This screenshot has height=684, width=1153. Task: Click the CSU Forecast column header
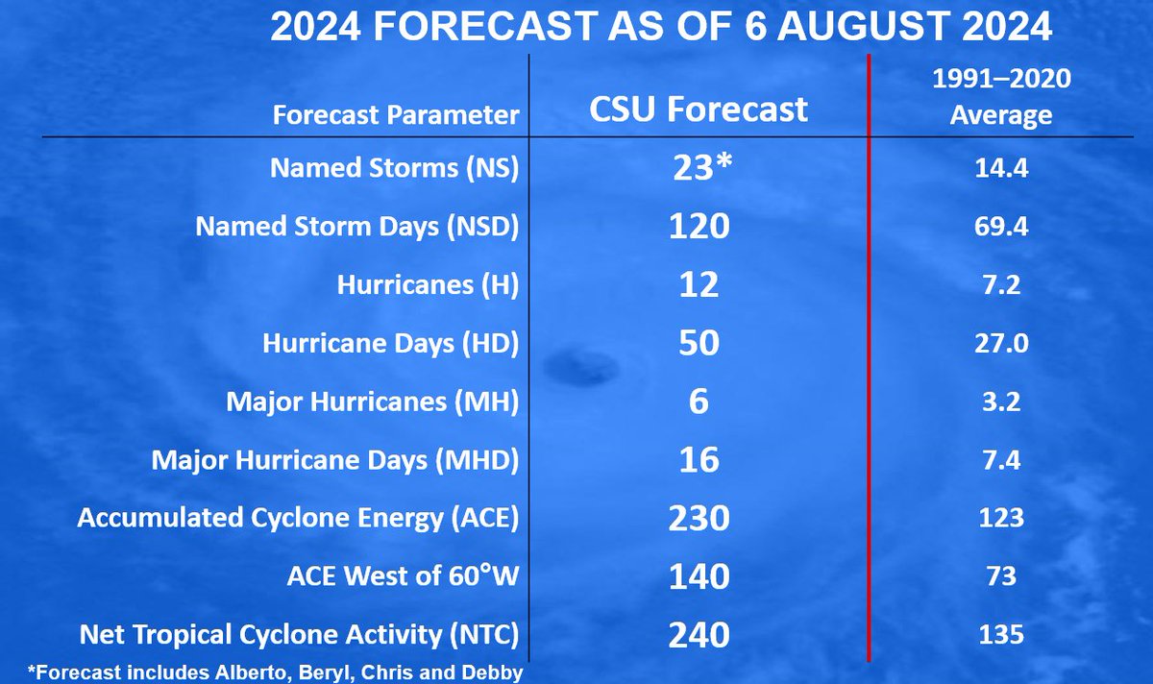(699, 110)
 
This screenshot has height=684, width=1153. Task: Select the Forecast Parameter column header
(396, 116)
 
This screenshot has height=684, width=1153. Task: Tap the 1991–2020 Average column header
(1000, 98)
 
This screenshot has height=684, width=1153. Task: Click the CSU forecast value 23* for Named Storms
(702, 168)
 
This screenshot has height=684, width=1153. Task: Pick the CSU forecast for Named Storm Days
(699, 227)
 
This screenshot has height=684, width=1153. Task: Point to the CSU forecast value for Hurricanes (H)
(699, 285)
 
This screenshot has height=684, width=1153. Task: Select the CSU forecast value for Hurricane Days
(699, 343)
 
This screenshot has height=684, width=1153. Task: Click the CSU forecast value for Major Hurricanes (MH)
(699, 402)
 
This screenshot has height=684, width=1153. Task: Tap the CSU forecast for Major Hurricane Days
(699, 460)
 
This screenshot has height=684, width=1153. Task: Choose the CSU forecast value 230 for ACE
(699, 519)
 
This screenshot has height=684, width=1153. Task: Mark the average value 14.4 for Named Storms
(1000, 169)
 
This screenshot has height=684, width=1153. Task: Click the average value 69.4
(1000, 228)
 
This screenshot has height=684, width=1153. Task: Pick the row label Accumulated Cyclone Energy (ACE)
(298, 519)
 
